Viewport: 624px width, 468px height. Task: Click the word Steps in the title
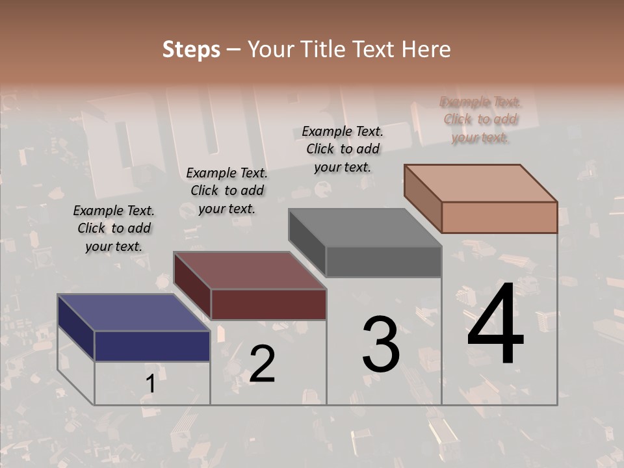[191, 49]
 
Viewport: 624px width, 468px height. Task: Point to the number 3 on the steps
[381, 344]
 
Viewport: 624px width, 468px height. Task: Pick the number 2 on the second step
[262, 364]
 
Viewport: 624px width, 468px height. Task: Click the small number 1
[150, 384]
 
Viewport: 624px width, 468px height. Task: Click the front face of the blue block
[152, 346]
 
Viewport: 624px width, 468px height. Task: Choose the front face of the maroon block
[268, 304]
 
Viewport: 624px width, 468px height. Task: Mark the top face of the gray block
[365, 227]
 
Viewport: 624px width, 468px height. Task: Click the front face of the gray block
[383, 262]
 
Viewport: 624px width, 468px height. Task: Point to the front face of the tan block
[499, 217]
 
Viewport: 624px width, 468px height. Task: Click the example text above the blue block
[114, 228]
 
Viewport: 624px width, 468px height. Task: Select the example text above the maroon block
[227, 190]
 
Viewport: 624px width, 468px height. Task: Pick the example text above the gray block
[343, 149]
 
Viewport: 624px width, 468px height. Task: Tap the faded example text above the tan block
[480, 119]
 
